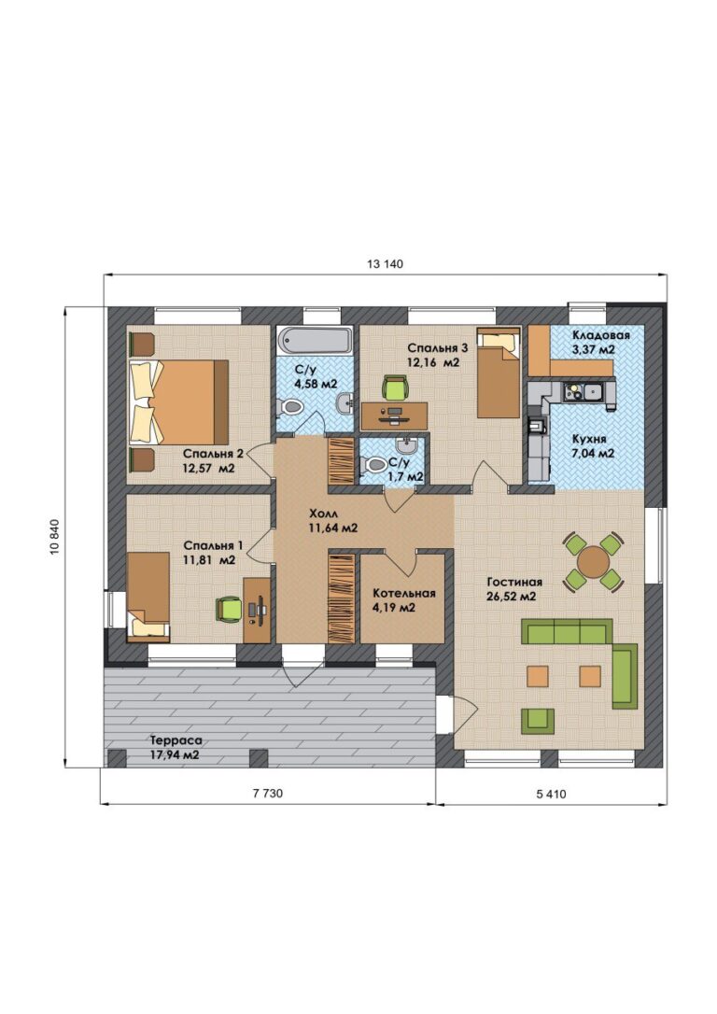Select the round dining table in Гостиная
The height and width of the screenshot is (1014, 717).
coord(593,561)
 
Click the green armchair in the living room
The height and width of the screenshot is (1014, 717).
coord(538,721)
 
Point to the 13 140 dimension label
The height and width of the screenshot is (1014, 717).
coord(385,264)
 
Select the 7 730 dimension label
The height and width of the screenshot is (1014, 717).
coord(268,794)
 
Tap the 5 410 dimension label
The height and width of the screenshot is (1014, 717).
coord(551,794)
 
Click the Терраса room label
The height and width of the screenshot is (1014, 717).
coord(176,740)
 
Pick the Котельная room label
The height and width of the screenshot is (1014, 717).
coord(404,593)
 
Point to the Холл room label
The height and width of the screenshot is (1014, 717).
coord(323,514)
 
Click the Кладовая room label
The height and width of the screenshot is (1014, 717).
coord(600,335)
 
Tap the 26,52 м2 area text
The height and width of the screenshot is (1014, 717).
coord(512,597)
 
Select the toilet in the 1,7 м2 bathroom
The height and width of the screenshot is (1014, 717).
coord(374,465)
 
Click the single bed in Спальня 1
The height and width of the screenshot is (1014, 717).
coord(148,597)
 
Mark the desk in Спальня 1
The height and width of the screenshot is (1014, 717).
coord(257,610)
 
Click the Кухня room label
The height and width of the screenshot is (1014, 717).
coord(589,439)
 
